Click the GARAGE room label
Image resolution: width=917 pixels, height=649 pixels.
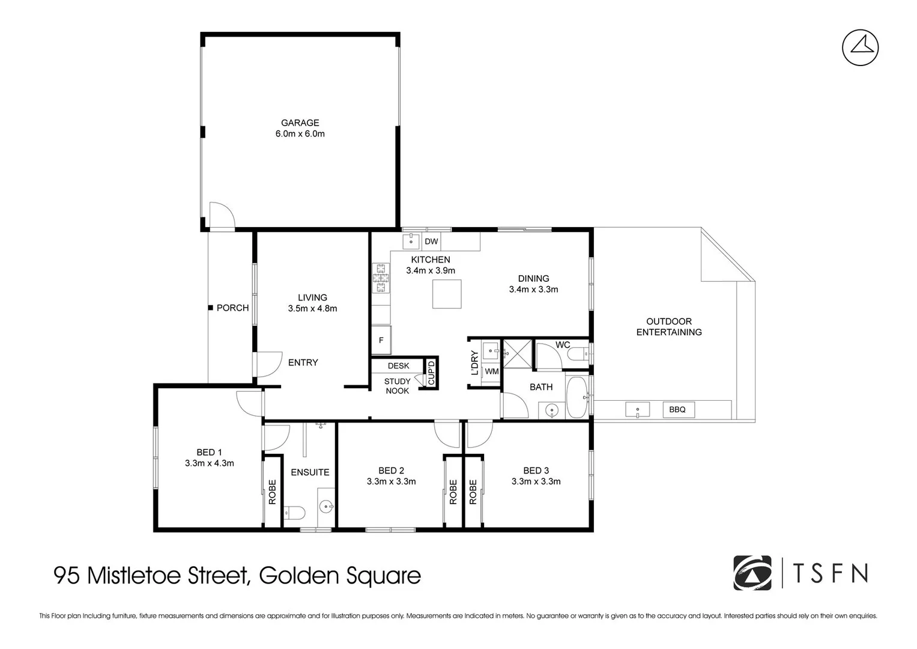[300, 123]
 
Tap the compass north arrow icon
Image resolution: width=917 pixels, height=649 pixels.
[860, 47]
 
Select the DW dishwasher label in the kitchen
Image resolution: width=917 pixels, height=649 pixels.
[431, 242]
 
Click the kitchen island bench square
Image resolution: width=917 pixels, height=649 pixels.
[447, 294]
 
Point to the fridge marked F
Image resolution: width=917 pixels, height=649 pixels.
[381, 340]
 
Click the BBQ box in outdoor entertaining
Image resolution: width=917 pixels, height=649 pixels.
[677, 409]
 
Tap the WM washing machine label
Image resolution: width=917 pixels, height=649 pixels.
[491, 371]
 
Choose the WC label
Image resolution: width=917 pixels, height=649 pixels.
[563, 345]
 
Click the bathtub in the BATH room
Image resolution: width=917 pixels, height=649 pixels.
[577, 397]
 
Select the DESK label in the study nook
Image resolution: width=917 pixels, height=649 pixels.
[398, 365]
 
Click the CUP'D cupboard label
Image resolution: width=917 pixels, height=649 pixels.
[431, 373]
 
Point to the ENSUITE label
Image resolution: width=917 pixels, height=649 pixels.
[310, 472]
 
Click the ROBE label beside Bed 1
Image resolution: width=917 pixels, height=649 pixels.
[272, 491]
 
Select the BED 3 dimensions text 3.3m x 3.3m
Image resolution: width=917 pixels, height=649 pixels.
[536, 481]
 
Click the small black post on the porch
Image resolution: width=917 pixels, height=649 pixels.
[210, 308]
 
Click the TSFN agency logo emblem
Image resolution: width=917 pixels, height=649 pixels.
[752, 573]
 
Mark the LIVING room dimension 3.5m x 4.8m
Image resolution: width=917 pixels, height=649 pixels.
[312, 308]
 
